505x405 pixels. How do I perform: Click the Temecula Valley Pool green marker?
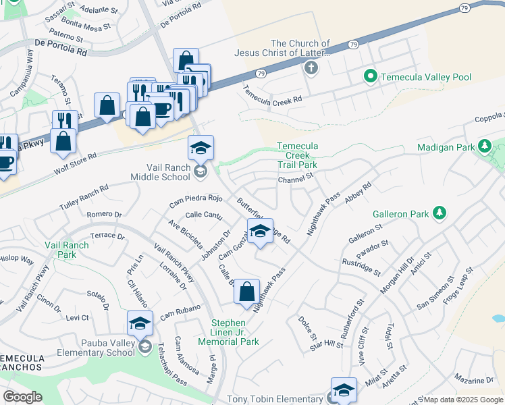click(369, 77)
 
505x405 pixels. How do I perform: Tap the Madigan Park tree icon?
click(484, 146)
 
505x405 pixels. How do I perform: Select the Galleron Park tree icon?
click(440, 214)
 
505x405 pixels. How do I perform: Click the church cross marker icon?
click(311, 67)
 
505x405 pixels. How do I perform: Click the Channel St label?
click(296, 179)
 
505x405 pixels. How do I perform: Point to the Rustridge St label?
click(361, 267)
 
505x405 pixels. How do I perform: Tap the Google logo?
click(22, 396)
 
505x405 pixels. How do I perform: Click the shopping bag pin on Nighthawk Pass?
click(247, 292)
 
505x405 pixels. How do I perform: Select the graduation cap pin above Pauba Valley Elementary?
click(140, 323)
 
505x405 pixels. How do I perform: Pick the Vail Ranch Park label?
click(66, 250)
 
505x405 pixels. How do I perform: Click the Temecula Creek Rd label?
click(273, 99)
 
